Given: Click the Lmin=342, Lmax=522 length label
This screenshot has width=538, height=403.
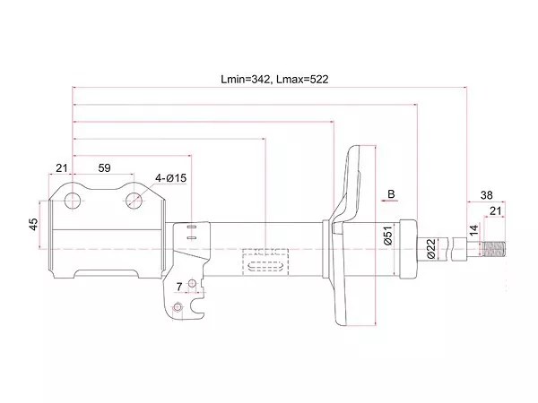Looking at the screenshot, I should pos(274,79).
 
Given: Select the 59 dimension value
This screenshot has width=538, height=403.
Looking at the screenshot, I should pos(104,168).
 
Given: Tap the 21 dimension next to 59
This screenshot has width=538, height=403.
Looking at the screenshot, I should pos(62,168).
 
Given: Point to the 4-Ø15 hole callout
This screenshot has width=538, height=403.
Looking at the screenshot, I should pos(169,178).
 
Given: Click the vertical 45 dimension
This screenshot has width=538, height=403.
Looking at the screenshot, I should pos(33,224).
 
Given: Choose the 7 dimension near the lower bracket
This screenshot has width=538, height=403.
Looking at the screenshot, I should pos(179,287).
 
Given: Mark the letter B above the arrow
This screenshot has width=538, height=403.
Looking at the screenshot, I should pos(391,194).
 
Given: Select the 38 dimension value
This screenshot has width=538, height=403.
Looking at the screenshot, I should pos(486,195).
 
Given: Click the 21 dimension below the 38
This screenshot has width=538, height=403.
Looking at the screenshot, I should pos(495,211).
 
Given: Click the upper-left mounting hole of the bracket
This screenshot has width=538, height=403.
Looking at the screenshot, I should pos(72,197).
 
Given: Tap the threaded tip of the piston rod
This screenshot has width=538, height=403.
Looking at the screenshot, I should pos(496,248).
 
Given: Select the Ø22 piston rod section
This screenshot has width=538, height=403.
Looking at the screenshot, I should pos(444,248).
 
